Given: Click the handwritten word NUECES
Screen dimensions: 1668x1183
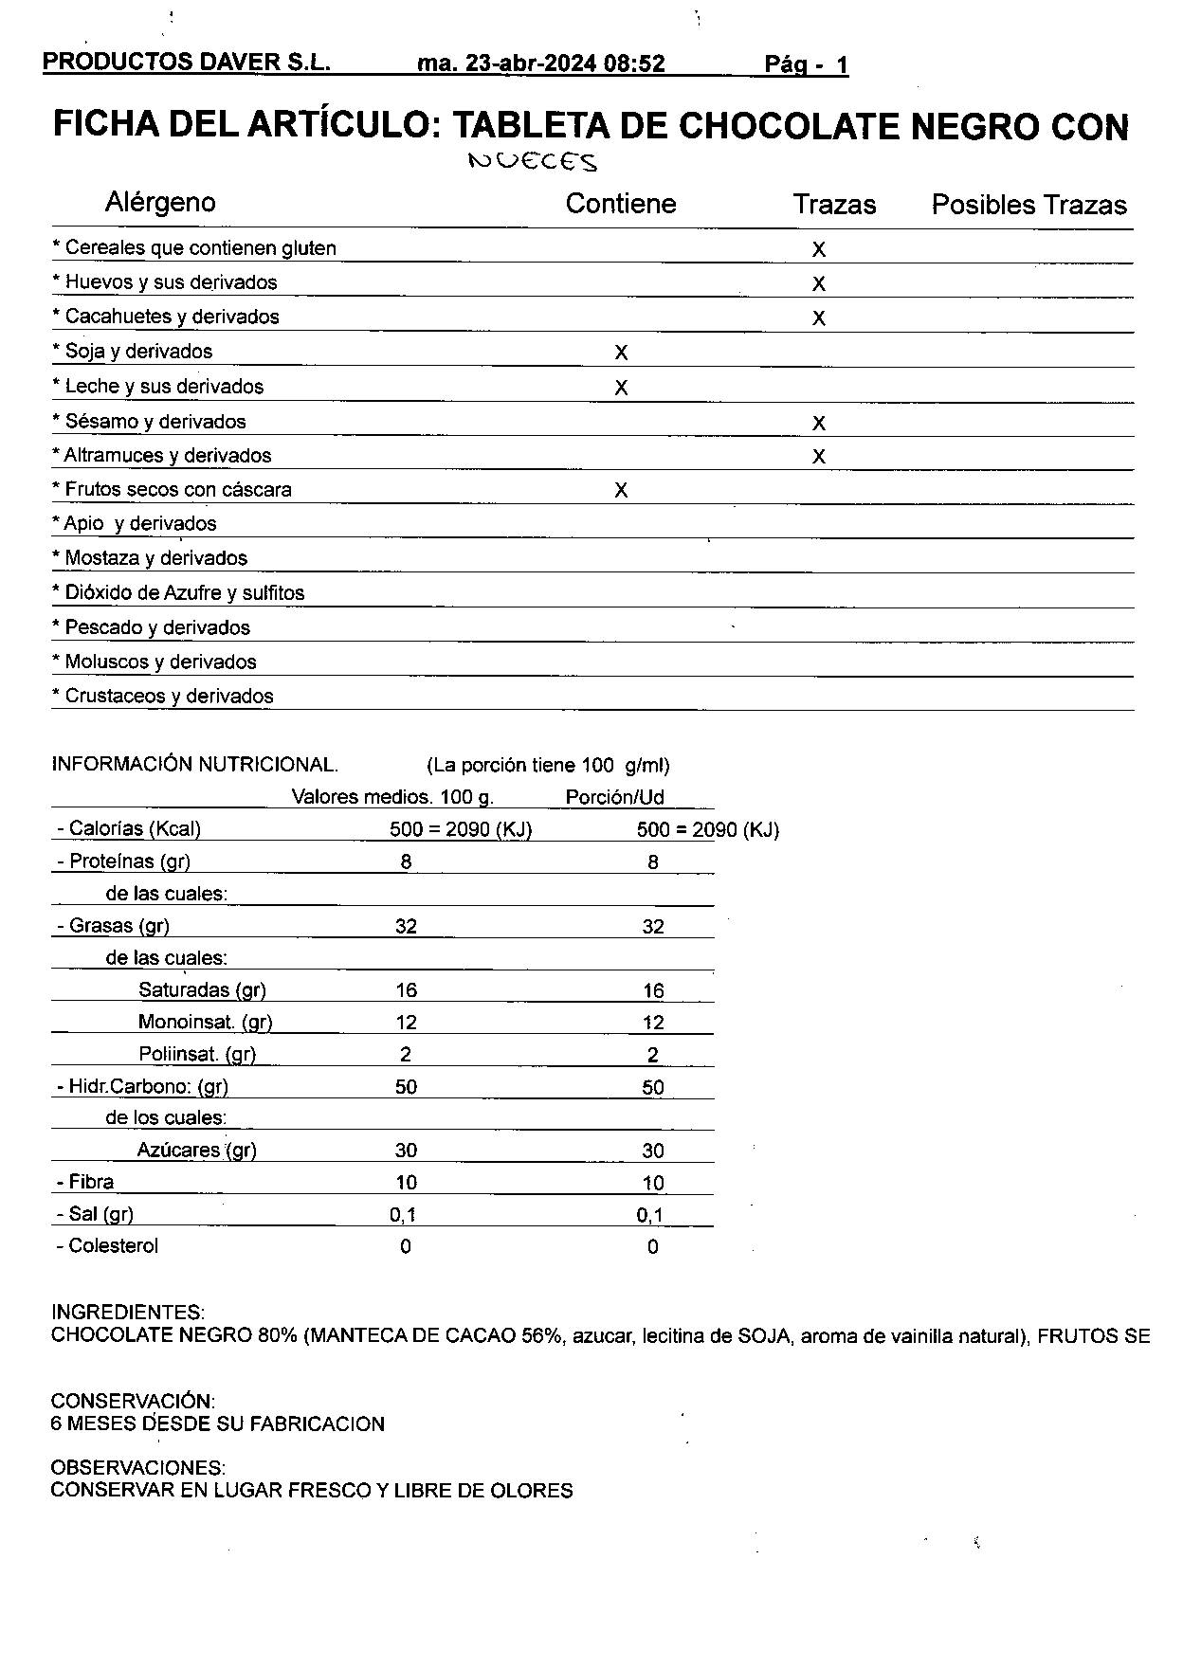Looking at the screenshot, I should click(x=534, y=162).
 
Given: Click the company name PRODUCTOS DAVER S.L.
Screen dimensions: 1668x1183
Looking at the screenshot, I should click(x=187, y=63).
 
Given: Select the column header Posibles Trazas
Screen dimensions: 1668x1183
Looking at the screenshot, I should click(x=1028, y=205).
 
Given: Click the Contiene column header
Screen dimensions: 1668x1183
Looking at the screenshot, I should click(x=621, y=204).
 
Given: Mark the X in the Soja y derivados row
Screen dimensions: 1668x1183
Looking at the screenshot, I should click(x=621, y=353).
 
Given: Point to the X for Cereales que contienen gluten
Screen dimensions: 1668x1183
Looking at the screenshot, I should click(x=819, y=249).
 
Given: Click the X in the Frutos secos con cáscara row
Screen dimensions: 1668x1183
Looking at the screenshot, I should click(x=621, y=490).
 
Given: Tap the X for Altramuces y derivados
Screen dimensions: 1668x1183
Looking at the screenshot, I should click(x=819, y=457).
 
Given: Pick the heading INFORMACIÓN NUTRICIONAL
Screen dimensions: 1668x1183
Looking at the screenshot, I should click(x=194, y=765).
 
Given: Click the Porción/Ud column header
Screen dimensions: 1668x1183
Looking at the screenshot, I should click(x=614, y=797).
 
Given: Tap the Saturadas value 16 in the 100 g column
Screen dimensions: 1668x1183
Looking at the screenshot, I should click(x=406, y=990).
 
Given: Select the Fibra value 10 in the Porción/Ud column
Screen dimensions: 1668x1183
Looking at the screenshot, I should click(x=652, y=1183).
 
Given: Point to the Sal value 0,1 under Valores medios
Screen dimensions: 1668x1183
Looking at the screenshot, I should click(x=405, y=1214).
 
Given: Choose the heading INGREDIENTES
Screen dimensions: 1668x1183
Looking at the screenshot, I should click(x=128, y=1313).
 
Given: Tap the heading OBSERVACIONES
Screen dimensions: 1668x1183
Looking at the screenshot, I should click(x=138, y=1468).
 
